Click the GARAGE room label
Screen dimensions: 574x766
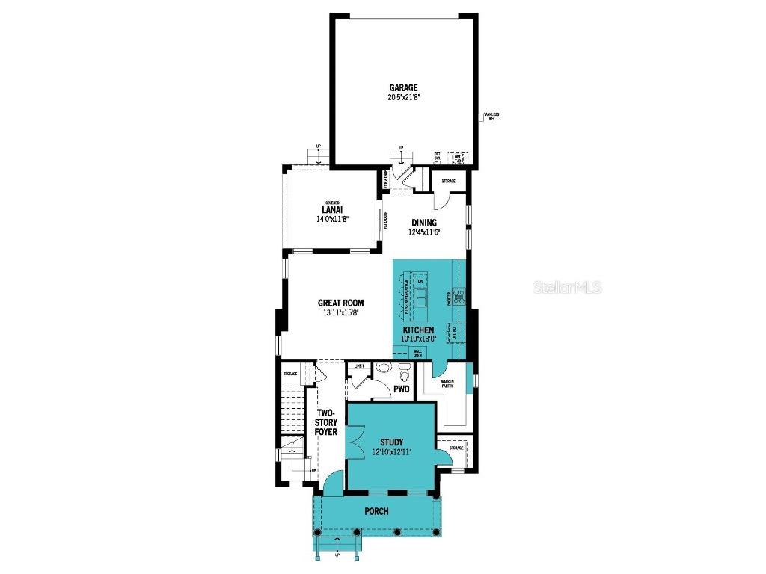pos(403,87)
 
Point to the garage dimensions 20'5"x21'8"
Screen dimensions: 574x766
pos(403,97)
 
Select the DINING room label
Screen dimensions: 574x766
pos(423,223)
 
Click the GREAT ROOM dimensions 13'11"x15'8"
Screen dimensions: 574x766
pos(340,313)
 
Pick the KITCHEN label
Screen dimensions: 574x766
pos(419,330)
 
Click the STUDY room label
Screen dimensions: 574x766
pos(391,442)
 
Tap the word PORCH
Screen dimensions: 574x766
pos(376,512)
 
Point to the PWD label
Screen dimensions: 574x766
pos(402,389)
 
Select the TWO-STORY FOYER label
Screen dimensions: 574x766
pos(326,422)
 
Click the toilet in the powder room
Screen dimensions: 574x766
pos(384,368)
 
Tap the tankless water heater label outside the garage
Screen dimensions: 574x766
pos(491,116)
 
